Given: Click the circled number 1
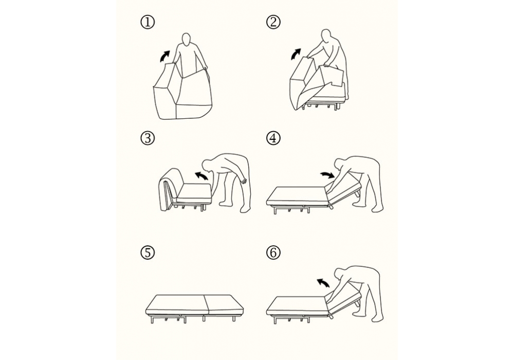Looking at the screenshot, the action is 148,23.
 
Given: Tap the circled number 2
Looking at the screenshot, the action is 273,23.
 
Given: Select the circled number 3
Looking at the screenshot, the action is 148,138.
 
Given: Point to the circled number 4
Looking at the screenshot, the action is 273,138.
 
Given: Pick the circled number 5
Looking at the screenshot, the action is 148,253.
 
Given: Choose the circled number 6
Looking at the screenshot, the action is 273,253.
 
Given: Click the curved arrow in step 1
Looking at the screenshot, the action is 164,57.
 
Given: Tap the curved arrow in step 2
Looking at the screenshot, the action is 296,55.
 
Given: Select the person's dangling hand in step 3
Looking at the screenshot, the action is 243,180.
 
